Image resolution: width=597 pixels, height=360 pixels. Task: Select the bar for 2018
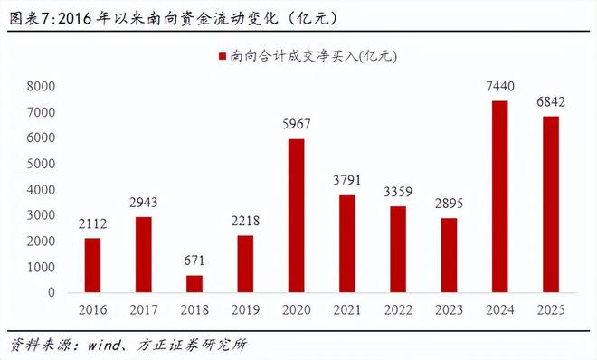pyautogui.click(x=194, y=284)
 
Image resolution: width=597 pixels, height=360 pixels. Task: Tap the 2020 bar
pyautogui.click(x=296, y=216)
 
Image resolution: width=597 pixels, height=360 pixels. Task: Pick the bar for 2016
pyautogui.click(x=93, y=265)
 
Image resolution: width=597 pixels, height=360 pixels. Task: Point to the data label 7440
pyautogui.click(x=498, y=88)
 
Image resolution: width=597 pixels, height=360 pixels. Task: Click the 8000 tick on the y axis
pyautogui.click(x=41, y=87)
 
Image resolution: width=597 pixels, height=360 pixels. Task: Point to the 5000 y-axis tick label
pyautogui.click(x=41, y=165)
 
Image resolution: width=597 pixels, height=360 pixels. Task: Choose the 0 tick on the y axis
pyautogui.click(x=52, y=293)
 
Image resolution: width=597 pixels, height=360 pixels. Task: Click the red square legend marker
pyautogui.click(x=218, y=57)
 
